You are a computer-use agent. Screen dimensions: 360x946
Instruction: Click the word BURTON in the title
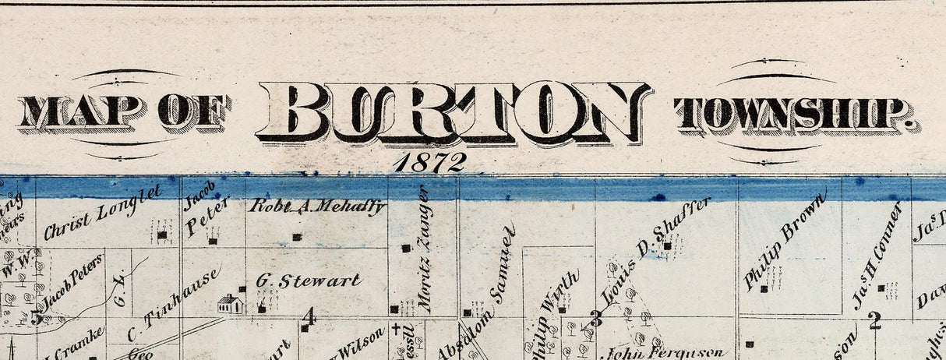[x=454, y=112]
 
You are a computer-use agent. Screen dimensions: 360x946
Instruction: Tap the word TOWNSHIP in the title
[x=796, y=115]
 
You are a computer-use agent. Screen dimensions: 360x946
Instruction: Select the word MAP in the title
[x=80, y=112]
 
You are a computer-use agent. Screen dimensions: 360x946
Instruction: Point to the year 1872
[x=429, y=162]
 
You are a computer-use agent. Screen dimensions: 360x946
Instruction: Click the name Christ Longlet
[x=102, y=212]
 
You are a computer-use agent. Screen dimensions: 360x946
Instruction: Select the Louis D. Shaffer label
[x=657, y=251]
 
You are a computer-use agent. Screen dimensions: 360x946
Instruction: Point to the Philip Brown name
[x=784, y=243]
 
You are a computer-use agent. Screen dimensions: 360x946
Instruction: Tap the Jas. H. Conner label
[x=877, y=254]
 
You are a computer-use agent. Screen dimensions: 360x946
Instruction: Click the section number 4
[x=309, y=316]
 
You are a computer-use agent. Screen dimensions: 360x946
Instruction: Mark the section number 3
[x=597, y=318]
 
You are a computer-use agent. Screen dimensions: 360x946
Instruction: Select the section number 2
[x=875, y=319]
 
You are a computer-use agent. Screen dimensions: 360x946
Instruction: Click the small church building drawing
[x=229, y=304]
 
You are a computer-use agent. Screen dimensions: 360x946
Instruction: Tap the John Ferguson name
[x=667, y=351]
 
